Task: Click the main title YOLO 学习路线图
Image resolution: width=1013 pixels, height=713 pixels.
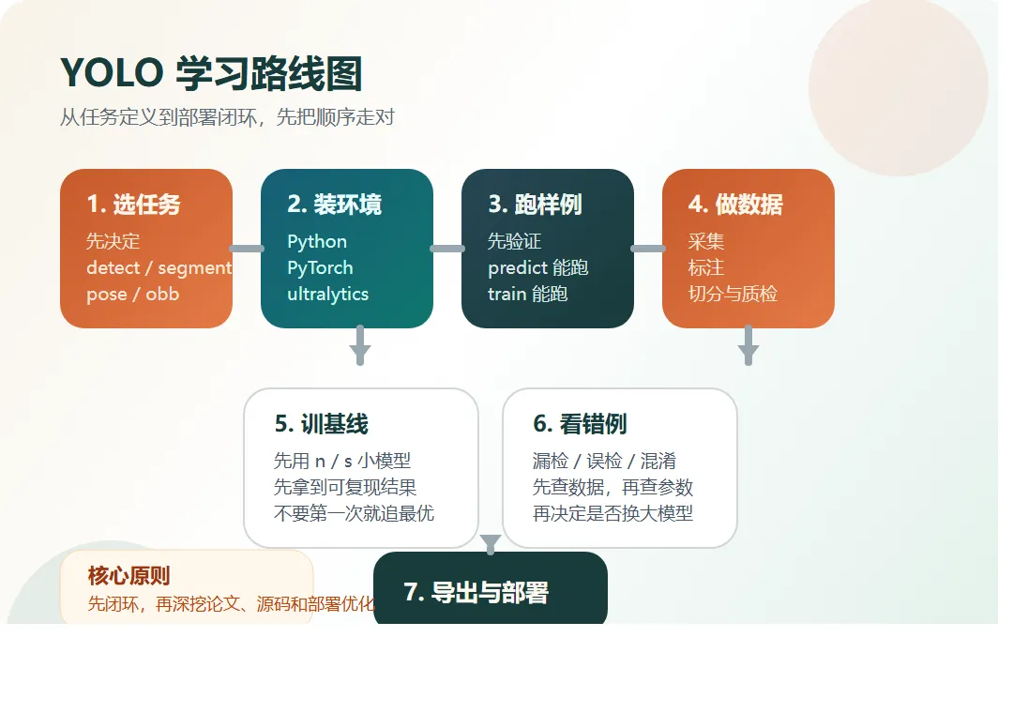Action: point(211,73)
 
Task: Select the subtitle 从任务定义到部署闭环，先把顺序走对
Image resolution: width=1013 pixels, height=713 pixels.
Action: point(227,117)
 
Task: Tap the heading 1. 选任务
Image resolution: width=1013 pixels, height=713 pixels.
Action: point(133,205)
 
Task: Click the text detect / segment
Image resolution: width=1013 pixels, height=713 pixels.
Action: point(159,267)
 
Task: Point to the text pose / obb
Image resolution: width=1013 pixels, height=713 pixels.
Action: point(132,294)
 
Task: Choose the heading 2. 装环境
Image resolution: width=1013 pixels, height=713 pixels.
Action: point(334,205)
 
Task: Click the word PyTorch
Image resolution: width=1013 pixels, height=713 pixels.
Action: point(320,267)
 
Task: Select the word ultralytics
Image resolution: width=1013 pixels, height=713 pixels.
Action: point(327,294)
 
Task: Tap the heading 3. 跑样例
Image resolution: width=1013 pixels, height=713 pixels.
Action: point(535,205)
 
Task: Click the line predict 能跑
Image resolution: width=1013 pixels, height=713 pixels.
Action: point(537,267)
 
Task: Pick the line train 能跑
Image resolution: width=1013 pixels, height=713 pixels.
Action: point(527,294)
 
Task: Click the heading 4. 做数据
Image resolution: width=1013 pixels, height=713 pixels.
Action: point(735,205)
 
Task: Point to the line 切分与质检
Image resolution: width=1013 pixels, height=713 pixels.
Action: point(733,294)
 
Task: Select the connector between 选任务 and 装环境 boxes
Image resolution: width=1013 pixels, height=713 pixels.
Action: point(247,249)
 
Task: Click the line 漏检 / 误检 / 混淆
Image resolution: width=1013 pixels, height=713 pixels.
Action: point(604,461)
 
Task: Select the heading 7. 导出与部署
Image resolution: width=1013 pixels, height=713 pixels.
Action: point(476,593)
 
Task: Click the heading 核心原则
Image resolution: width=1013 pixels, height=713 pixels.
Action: point(129,576)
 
